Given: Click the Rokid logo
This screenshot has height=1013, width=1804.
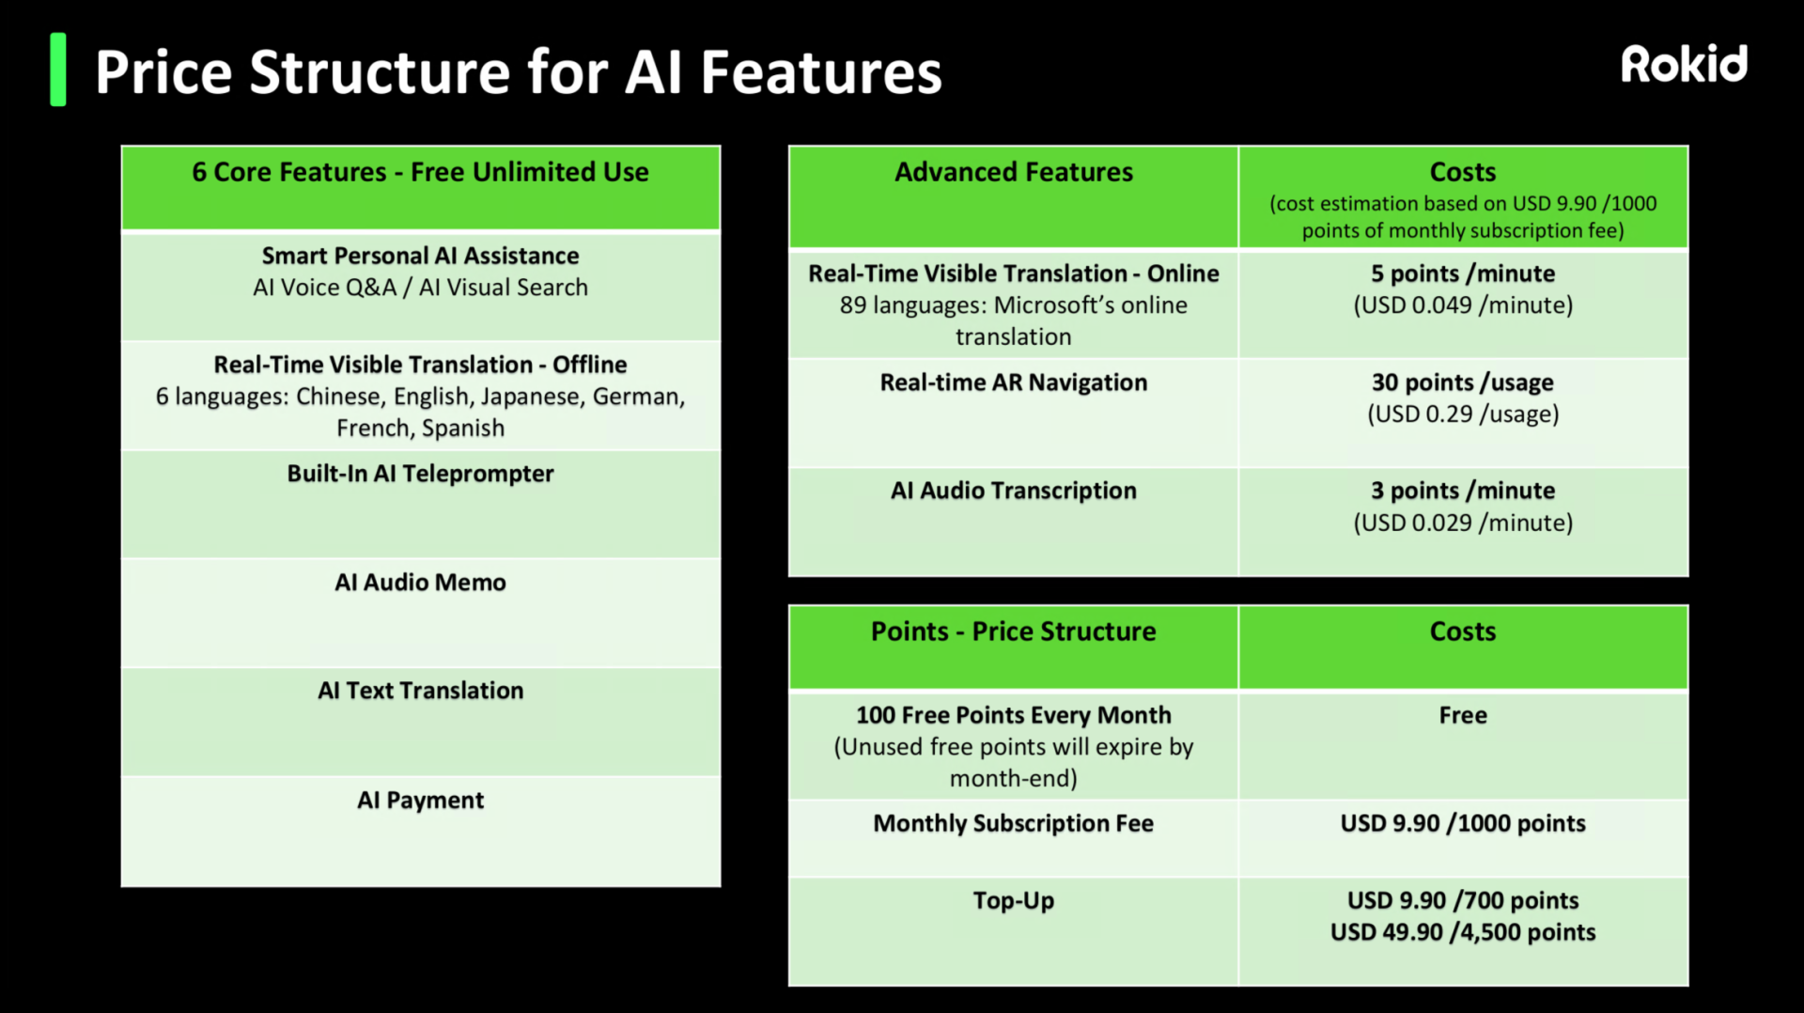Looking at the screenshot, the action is coord(1684,64).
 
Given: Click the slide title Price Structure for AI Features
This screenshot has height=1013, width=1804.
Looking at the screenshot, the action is coord(518,72).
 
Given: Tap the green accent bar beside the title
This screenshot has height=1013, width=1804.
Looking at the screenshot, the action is coord(58,70).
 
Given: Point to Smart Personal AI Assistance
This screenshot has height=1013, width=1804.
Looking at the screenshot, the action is coord(420,256).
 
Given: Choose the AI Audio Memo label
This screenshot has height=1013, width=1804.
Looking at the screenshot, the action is coord(420,583).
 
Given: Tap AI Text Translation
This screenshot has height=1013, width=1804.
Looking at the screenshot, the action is coord(420,691).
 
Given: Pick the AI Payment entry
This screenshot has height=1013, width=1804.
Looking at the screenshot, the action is coord(420,801).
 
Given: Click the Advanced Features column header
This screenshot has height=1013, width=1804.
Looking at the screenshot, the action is coord(1014,172).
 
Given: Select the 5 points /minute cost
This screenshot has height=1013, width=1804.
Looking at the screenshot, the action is coord(1463,273).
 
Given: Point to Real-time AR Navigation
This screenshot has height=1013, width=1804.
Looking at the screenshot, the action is coord(1014,382).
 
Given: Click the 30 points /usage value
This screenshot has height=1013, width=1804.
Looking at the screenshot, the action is coord(1463,382).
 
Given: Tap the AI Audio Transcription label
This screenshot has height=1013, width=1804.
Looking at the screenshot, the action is coord(1014,491).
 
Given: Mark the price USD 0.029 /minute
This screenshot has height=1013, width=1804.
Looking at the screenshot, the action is coord(1463,522).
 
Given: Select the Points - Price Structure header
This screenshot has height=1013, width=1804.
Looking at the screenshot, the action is coord(1014,631).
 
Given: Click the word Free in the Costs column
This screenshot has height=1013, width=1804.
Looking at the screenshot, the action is coord(1463,715).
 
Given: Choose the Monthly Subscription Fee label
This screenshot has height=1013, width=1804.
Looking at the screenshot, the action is coord(1014,823).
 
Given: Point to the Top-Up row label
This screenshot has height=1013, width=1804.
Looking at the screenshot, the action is coord(1014,901).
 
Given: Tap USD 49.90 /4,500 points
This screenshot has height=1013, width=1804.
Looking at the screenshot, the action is coord(1463,932).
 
